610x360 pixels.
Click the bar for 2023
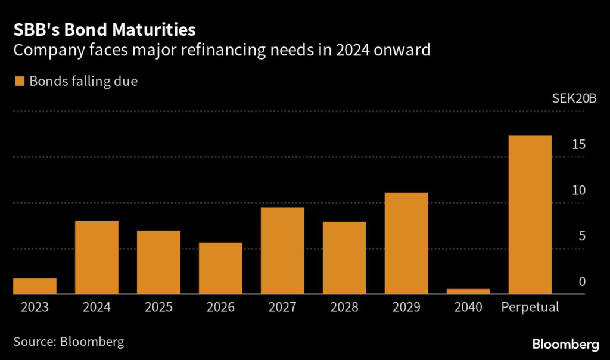click(35, 286)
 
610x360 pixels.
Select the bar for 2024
click(97, 257)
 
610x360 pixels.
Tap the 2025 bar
click(158, 262)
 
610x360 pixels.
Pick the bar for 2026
click(220, 268)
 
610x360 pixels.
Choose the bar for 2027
click(282, 251)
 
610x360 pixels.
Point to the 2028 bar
click(344, 258)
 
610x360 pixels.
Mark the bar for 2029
click(406, 243)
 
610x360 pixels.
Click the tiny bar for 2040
click(468, 291)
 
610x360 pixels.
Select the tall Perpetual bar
click(530, 215)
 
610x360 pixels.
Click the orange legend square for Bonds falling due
click(19, 82)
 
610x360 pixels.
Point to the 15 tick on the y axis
click(578, 145)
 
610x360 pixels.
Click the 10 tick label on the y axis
click(578, 191)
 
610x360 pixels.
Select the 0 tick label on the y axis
click(583, 282)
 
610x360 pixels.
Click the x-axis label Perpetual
click(530, 308)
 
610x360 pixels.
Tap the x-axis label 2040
click(468, 308)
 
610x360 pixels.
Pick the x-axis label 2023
click(35, 308)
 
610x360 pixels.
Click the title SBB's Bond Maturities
click(105, 29)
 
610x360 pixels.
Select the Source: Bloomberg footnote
click(69, 342)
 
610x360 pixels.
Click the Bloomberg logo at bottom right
click(565, 344)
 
